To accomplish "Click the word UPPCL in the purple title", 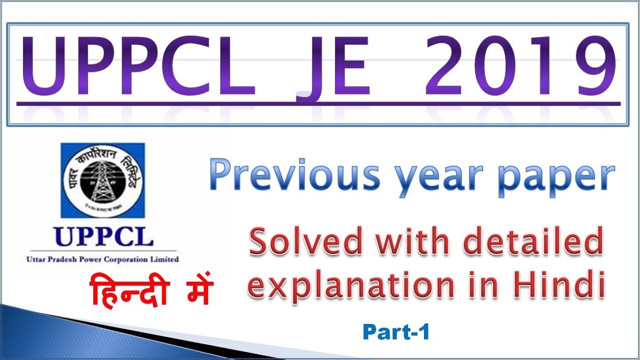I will [x=136, y=65].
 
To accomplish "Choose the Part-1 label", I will [x=396, y=332].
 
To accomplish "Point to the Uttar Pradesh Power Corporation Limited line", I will [x=102, y=259].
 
